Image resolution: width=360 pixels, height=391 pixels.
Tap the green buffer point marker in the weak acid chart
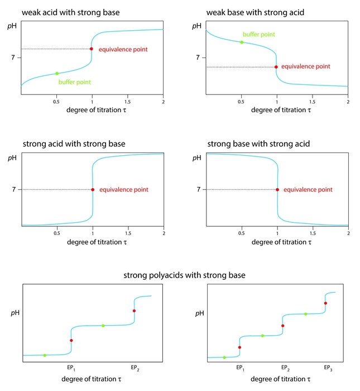(57, 73)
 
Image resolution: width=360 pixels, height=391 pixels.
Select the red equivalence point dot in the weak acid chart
(92, 49)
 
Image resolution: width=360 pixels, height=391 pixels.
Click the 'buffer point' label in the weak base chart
(259, 35)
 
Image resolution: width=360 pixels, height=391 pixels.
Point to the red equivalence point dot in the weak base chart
(276, 67)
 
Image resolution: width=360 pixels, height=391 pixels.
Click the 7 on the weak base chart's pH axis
(198, 58)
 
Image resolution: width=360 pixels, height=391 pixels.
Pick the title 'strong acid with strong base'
(74, 144)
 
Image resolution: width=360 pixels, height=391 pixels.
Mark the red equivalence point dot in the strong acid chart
(93, 189)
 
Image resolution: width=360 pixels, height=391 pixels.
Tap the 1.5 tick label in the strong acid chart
(128, 232)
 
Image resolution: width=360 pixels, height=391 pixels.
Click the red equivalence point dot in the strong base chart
(277, 189)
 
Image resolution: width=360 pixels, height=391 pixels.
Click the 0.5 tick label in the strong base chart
(242, 232)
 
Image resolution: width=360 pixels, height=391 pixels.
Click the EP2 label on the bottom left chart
(135, 368)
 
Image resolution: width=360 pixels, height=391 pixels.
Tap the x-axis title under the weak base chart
(277, 111)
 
